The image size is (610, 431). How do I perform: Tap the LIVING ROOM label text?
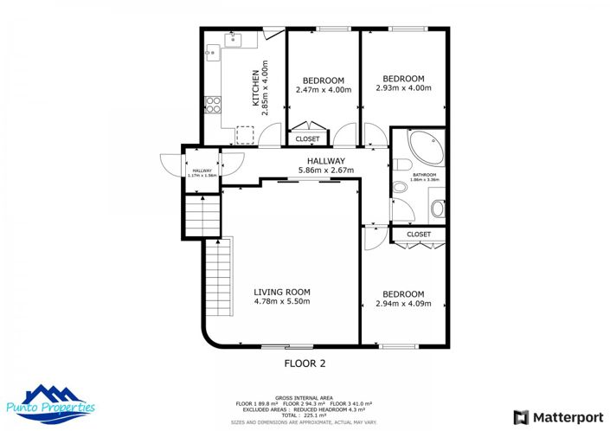tap(281, 292)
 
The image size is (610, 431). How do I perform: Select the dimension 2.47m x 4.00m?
tap(324, 89)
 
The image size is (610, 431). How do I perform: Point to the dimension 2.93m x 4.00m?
tap(403, 87)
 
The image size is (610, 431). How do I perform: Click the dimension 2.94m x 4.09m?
tap(403, 304)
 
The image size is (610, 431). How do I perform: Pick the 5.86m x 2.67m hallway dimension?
tap(321, 170)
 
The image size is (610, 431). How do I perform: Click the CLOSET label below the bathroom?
tap(419, 234)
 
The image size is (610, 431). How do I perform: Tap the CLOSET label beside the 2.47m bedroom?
tap(307, 138)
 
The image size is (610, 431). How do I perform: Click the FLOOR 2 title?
tap(305, 363)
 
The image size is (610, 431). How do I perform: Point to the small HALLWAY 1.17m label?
tap(202, 173)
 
